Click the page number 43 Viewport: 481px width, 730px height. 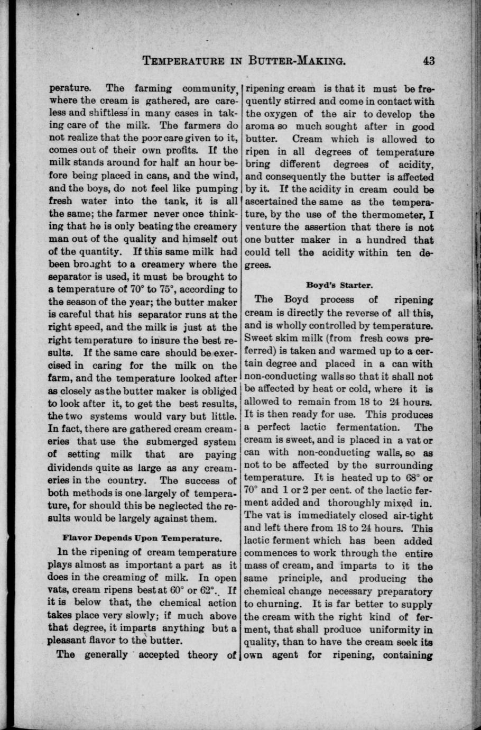(x=429, y=60)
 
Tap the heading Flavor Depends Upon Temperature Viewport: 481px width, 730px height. (x=141, y=539)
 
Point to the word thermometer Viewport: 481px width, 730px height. (x=393, y=215)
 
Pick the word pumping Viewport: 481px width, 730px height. (x=217, y=188)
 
